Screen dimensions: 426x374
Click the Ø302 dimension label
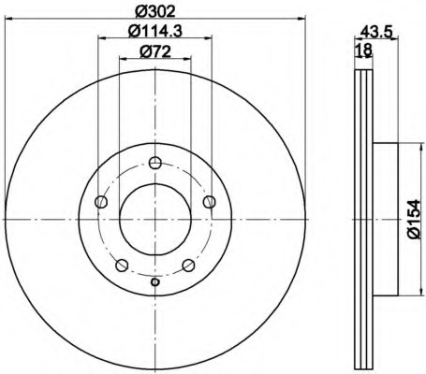coord(155,12)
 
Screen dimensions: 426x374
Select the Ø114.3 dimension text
coord(155,31)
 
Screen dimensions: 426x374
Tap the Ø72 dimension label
coord(155,51)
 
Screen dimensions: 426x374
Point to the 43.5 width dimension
coord(375,32)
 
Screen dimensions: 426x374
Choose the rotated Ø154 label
coord(415,219)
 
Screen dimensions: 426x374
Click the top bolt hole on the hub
coord(154,163)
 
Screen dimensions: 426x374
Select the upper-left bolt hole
coord(101,202)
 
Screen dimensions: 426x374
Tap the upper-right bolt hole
coord(209,202)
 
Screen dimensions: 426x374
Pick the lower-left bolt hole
coord(122,266)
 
